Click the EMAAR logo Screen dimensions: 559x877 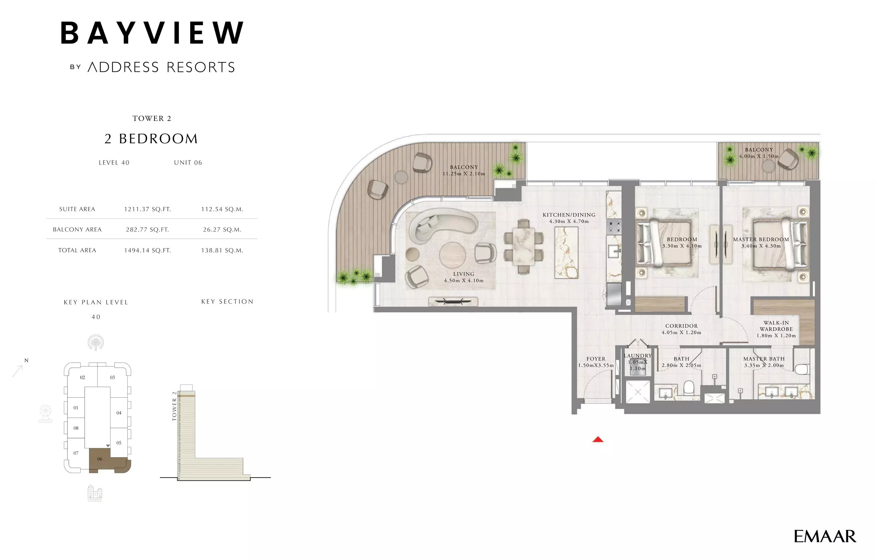825,536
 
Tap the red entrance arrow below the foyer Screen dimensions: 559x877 598,440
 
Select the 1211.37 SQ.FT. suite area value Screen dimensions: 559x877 147,209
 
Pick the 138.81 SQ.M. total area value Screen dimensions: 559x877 222,250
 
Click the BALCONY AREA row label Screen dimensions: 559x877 77,230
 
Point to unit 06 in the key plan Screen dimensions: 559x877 100,459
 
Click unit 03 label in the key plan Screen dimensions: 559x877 113,377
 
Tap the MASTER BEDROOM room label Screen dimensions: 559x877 761,240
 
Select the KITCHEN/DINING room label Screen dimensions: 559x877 569,215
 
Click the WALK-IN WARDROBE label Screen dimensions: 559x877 776,326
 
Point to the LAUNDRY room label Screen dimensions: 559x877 637,356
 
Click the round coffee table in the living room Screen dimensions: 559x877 452,256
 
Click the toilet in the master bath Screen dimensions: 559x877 802,369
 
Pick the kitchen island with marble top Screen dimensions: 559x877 566,252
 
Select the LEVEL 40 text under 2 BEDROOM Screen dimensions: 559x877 114,163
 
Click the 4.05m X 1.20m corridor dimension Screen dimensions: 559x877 681,333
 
